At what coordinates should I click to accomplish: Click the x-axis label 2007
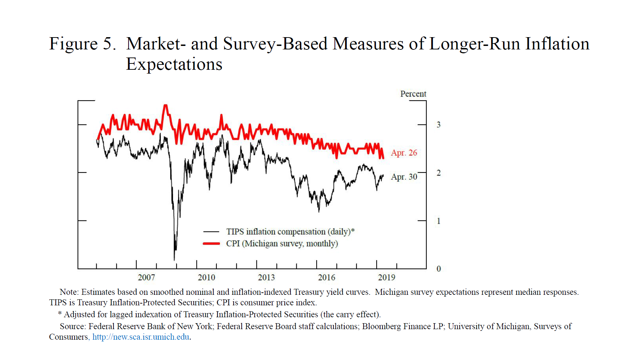[x=146, y=277]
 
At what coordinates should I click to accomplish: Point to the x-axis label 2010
[x=206, y=277]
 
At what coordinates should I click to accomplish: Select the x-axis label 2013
[x=266, y=277]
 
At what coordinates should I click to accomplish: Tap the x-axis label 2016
[x=326, y=277]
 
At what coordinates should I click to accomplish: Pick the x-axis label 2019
[x=386, y=277]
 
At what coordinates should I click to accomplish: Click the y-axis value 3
[x=439, y=124]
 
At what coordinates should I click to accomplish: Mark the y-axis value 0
[x=439, y=269]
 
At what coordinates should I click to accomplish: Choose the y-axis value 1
[x=439, y=221]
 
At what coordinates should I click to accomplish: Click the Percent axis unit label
[x=413, y=94]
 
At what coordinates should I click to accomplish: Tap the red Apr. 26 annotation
[x=404, y=153]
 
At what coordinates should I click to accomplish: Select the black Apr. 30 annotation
[x=404, y=177]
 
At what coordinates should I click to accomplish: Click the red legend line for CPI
[x=211, y=243]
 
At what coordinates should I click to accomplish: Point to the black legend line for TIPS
[x=211, y=232]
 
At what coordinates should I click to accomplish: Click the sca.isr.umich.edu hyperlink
[x=141, y=337]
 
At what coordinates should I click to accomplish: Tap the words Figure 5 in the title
[x=82, y=44]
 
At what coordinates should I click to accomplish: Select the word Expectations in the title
[x=174, y=64]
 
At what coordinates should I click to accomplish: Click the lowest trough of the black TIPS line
[x=174, y=260]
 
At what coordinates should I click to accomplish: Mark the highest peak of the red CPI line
[x=165, y=105]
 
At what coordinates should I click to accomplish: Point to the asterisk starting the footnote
[x=60, y=314]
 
